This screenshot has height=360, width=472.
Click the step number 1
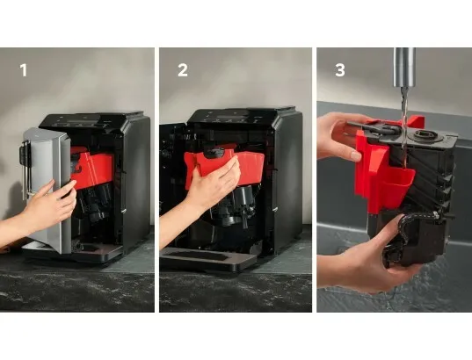[24, 70]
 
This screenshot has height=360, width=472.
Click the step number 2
[183, 70]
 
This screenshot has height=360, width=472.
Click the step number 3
[340, 70]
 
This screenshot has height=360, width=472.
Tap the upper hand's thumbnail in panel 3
[356, 156]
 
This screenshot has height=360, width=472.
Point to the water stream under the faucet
[404, 128]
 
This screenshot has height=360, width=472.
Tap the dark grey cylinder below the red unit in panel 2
[245, 196]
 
